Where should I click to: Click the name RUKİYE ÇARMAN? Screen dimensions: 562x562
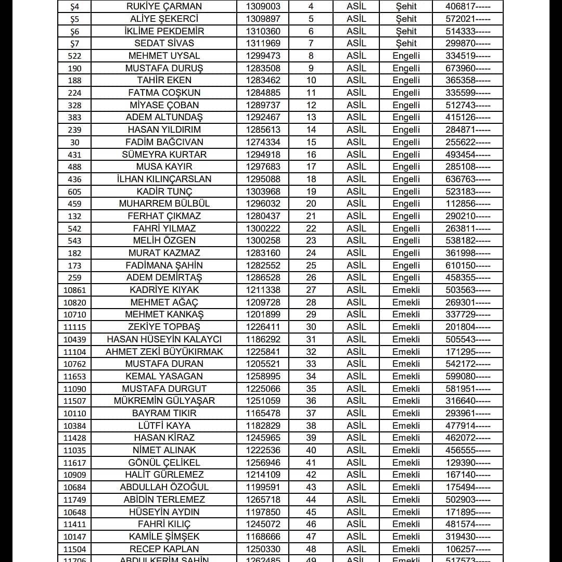pos(164,7)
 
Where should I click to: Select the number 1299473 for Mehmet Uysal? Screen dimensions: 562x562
pos(263,56)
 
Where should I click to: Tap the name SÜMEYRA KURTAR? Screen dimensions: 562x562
pos(164,155)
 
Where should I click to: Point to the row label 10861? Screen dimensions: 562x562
pos(74,290)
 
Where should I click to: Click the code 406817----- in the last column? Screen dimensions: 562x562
pos(467,7)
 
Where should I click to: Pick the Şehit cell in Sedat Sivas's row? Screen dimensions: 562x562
pos(406,44)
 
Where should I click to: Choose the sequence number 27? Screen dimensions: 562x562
pos(311,290)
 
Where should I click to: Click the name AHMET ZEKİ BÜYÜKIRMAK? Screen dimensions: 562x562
pos(164,352)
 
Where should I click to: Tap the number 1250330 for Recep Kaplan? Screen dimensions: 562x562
pos(263,549)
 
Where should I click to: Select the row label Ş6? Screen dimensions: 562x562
pos(74,32)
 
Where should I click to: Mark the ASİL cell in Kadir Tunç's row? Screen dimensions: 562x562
pos(356,191)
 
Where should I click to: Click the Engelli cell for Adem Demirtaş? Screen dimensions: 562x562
pos(406,278)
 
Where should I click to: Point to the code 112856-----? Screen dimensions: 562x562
pos(467,204)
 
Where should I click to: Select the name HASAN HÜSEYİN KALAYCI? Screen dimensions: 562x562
pos(164,339)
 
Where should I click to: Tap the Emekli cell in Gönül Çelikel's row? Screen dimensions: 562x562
pos(406,463)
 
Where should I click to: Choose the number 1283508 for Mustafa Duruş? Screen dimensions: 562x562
pos(263,68)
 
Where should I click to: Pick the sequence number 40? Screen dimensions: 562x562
pos(311,450)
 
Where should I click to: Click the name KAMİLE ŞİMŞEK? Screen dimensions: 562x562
pos(164,537)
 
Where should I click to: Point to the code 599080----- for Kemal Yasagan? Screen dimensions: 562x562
pos(467,376)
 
